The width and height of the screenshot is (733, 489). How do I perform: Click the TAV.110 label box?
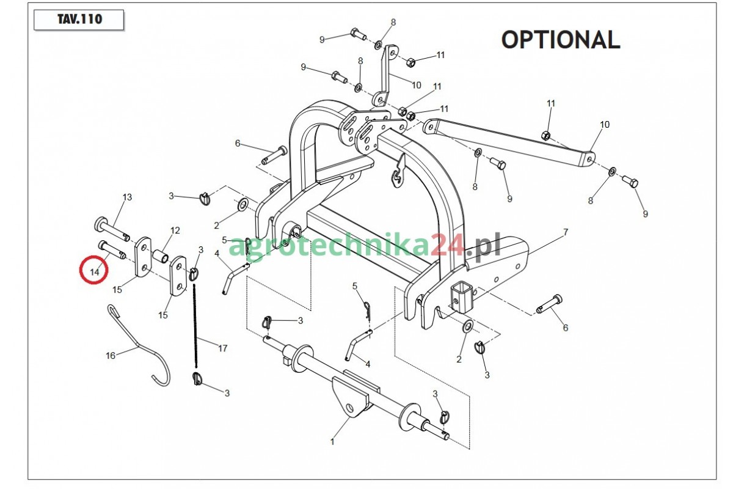tap(79, 20)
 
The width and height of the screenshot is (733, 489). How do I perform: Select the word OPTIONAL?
tap(560, 40)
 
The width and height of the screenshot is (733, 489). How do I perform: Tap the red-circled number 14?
tap(94, 270)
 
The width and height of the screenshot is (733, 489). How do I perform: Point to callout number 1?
tap(332, 441)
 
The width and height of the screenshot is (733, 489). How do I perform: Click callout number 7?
tap(566, 232)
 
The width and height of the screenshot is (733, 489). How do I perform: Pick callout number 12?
tap(175, 230)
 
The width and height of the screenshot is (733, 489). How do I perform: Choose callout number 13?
tap(127, 197)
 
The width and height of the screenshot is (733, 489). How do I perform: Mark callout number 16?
tap(111, 355)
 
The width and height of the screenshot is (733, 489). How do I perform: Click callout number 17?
tap(222, 348)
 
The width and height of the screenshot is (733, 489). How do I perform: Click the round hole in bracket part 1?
tap(350, 408)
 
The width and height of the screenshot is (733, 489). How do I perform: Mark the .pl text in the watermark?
tap(483, 246)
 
